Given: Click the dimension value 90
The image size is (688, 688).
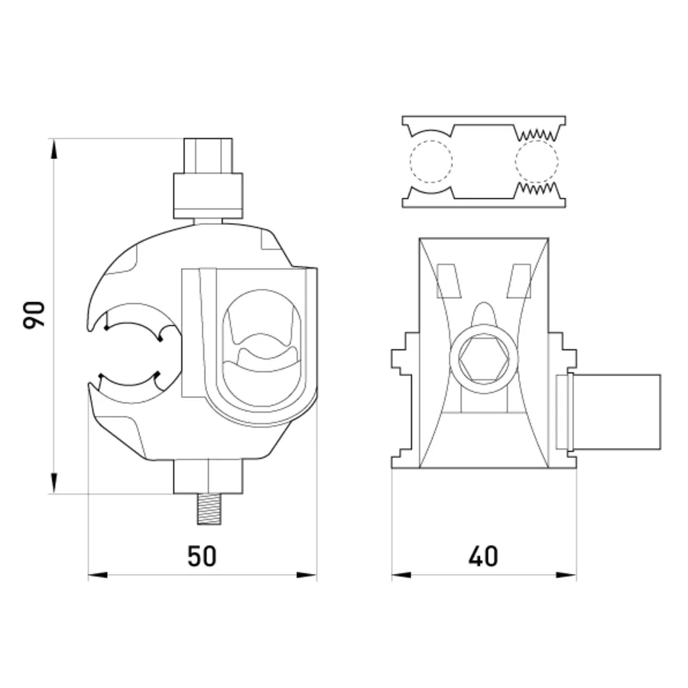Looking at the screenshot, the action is coord(34,314).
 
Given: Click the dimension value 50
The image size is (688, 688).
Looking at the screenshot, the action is coord(202,557).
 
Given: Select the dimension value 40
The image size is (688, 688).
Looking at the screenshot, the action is coord(483,557).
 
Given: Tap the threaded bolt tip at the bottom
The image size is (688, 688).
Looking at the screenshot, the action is coord(209,508).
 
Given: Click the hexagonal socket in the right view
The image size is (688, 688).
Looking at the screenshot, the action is coord(484,359).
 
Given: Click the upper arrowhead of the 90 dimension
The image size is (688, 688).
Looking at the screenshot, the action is coord(54,148).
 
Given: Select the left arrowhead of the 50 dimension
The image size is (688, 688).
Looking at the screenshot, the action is coord(98,575).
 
